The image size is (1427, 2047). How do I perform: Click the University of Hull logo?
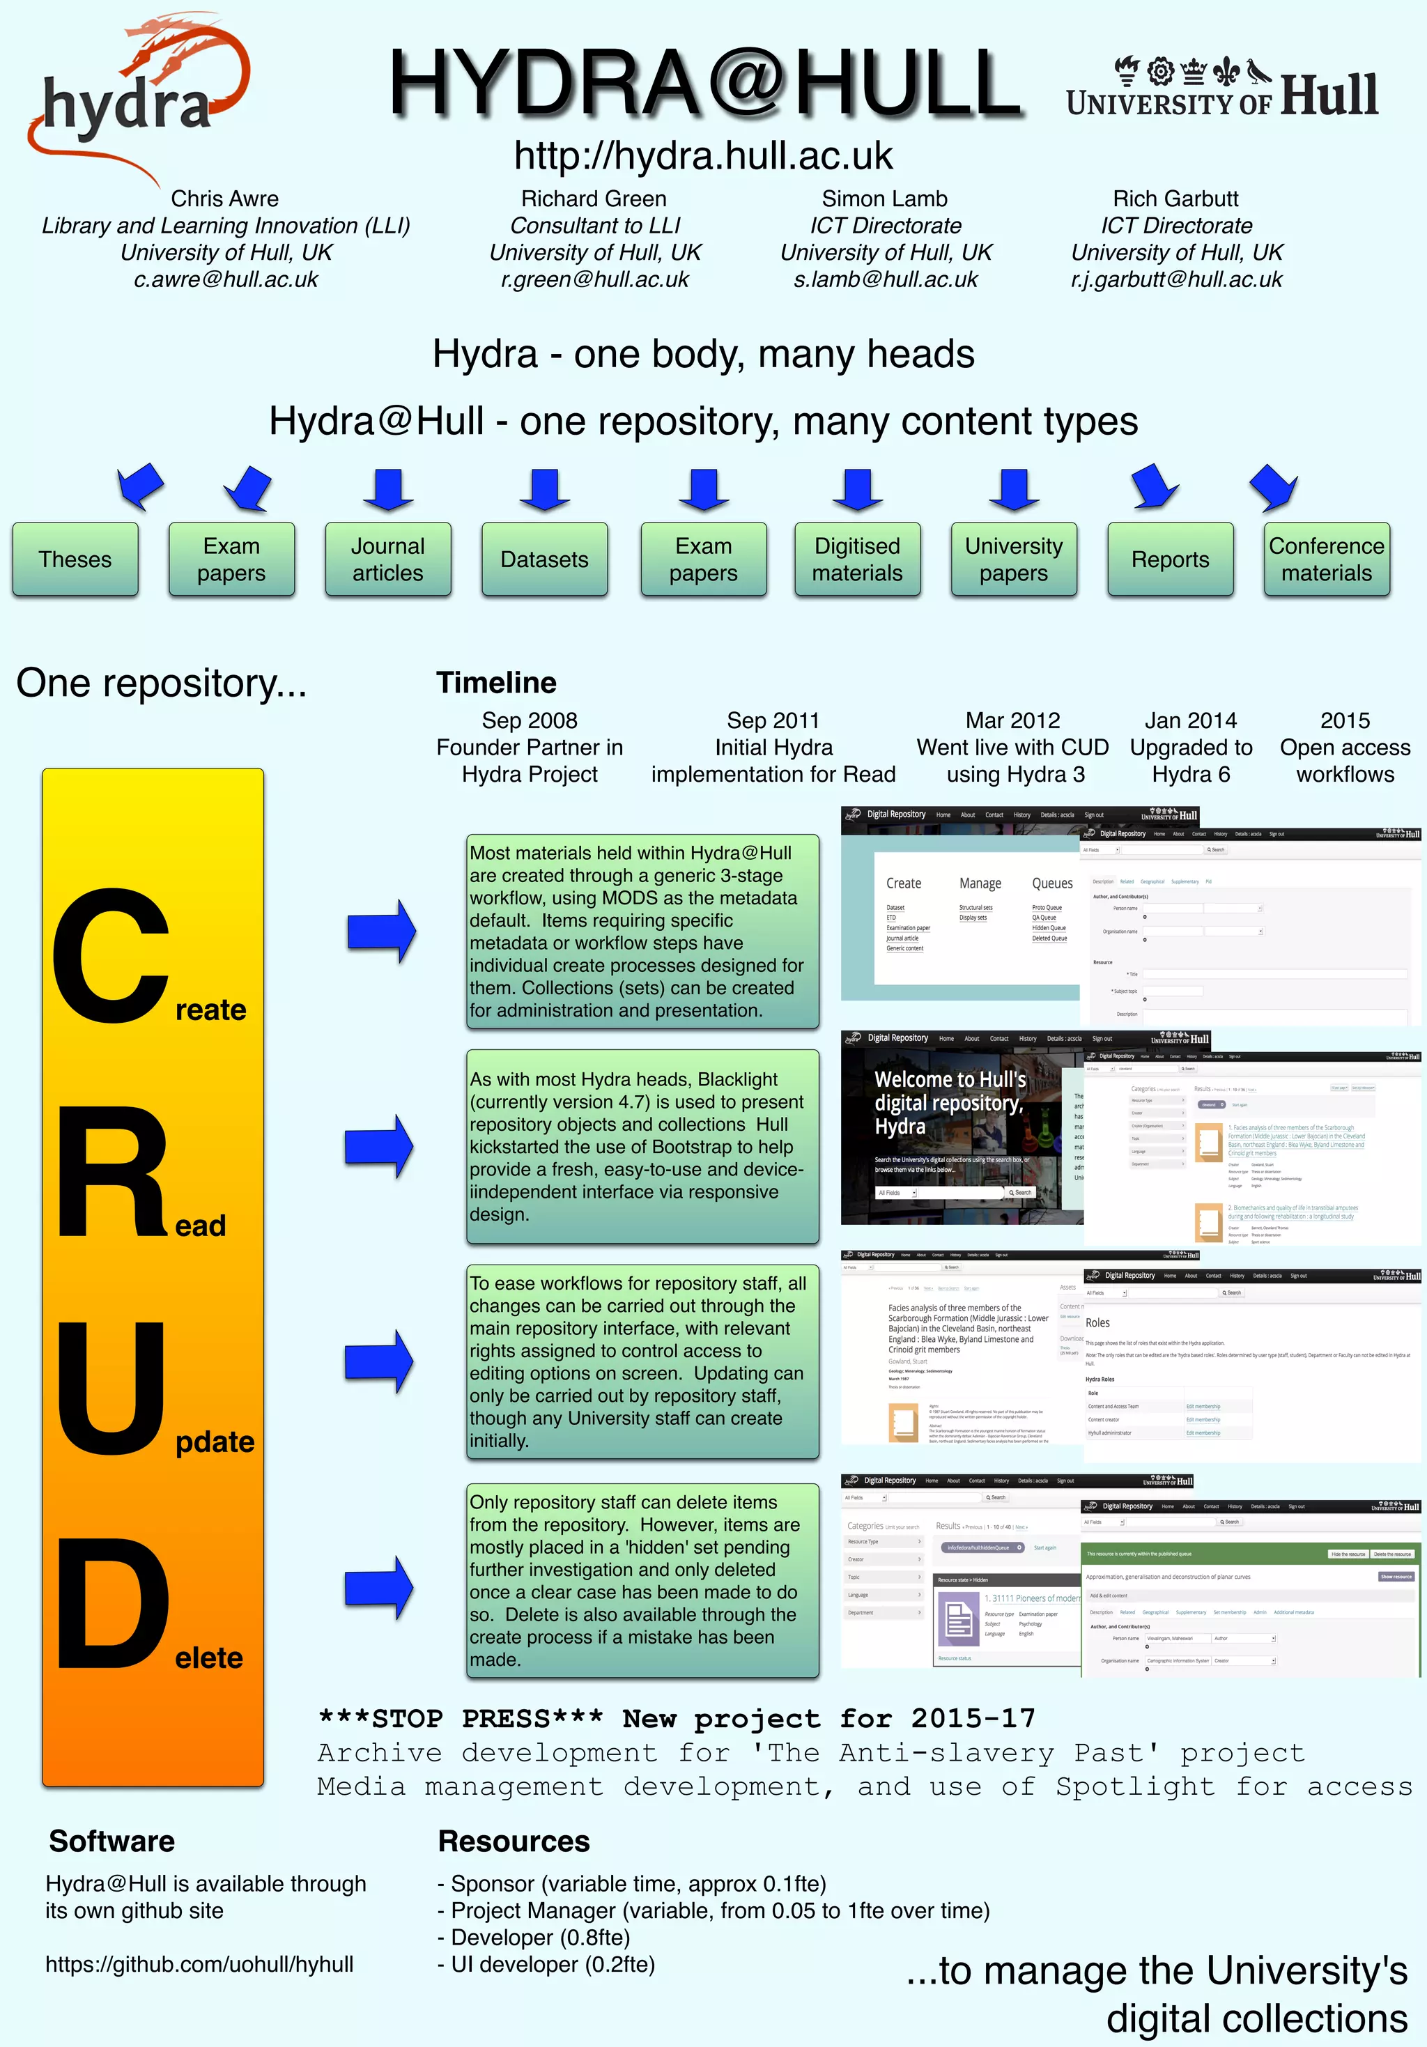[1222, 89]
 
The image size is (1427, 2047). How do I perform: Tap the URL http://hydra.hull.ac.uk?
[703, 156]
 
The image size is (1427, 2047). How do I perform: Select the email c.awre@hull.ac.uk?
[226, 279]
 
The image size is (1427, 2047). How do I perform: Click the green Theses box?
[76, 559]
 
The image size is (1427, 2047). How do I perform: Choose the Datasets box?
[544, 559]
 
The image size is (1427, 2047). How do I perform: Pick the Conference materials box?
[1326, 559]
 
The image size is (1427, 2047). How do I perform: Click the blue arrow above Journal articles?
[388, 488]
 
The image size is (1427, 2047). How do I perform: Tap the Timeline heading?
[496, 683]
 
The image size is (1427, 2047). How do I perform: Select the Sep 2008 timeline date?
[529, 720]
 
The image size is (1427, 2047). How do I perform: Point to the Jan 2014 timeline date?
[1191, 720]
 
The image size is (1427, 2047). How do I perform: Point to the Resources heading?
[514, 1841]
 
